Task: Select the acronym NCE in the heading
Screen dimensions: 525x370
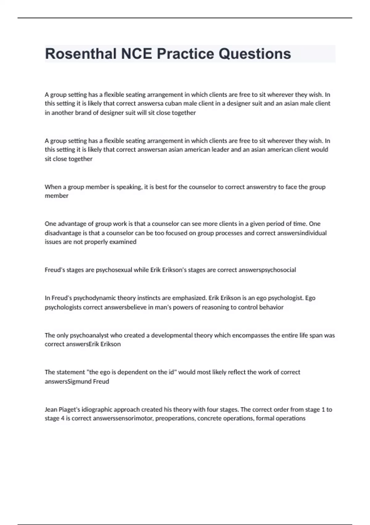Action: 137,54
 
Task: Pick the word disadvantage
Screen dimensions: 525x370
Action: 63,233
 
